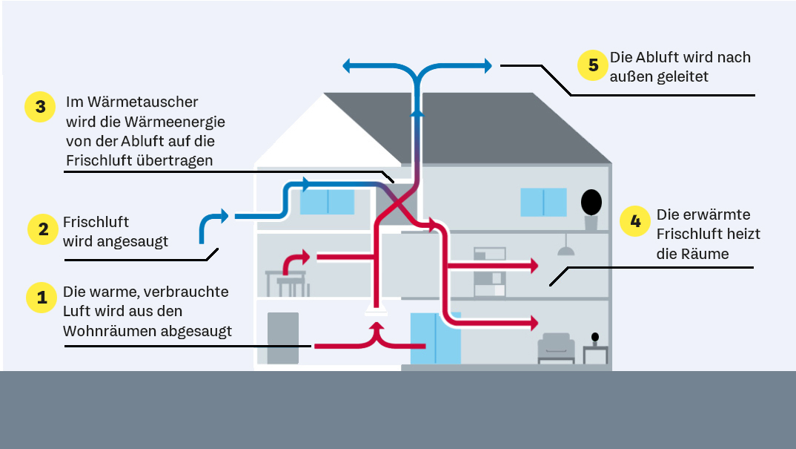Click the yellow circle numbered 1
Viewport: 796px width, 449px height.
(x=42, y=298)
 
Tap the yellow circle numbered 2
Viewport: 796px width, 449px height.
(x=42, y=229)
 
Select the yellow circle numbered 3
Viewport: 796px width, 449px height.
(x=40, y=108)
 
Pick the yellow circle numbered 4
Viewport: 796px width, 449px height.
(x=635, y=221)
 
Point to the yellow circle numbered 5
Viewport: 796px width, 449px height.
(x=593, y=65)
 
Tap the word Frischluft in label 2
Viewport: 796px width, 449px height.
(x=96, y=222)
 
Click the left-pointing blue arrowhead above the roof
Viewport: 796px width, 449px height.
(x=348, y=67)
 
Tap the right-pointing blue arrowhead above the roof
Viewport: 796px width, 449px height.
(x=487, y=67)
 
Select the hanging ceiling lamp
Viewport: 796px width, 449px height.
(x=566, y=248)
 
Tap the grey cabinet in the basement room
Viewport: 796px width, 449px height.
(x=282, y=338)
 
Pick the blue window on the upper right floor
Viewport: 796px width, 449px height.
(x=543, y=202)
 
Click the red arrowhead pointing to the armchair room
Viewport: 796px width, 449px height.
(x=532, y=323)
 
